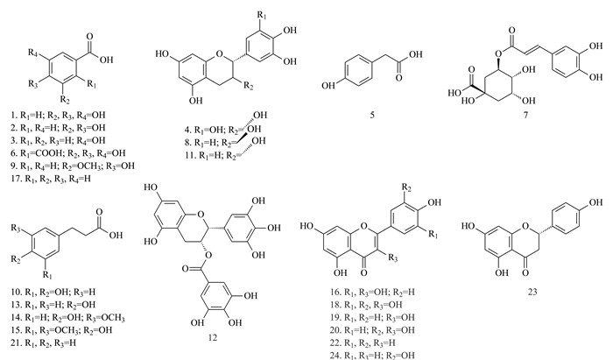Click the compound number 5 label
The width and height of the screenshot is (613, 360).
[x=372, y=115]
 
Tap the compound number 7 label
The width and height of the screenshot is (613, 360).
[x=525, y=115]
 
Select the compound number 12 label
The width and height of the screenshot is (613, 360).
[x=212, y=337]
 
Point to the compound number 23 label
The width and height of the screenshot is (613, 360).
[x=532, y=292]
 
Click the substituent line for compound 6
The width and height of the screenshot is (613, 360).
[x=68, y=153]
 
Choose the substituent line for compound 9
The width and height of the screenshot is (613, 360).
[x=73, y=166]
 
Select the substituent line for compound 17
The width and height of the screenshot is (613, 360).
[x=51, y=179]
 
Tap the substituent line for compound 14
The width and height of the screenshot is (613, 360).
[x=68, y=317]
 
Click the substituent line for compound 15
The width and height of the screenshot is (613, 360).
[x=61, y=330]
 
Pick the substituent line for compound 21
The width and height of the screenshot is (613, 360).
[x=44, y=342]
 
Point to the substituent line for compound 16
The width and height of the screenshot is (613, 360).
[x=372, y=292]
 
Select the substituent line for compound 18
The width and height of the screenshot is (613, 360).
[x=365, y=305]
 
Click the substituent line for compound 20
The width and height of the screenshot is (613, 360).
[x=372, y=330]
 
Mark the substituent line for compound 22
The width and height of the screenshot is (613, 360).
[x=363, y=342]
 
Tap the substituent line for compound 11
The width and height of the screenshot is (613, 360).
[x=226, y=151]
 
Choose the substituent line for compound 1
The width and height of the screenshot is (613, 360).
[x=58, y=116]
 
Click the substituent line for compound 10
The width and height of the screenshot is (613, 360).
[x=53, y=292]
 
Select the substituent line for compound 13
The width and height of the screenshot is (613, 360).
[x=53, y=305]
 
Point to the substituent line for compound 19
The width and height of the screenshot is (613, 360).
[x=372, y=317]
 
